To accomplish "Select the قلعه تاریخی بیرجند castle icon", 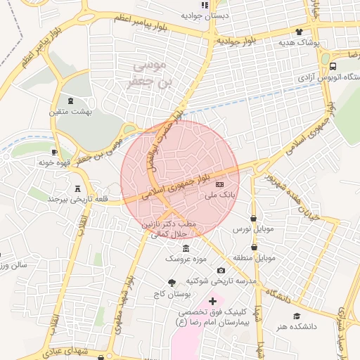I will click(x=77, y=188).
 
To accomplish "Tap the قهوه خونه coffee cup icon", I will click(x=55, y=152).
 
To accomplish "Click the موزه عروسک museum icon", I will click(x=185, y=250).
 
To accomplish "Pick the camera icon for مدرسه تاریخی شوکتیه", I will click(x=221, y=271).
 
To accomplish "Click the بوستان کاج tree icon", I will click(x=172, y=281).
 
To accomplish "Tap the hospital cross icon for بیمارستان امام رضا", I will click(x=213, y=301).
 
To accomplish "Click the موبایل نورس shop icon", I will click(x=253, y=218).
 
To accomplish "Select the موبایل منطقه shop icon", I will click(x=253, y=247).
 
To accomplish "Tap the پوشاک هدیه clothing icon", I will click(x=299, y=32).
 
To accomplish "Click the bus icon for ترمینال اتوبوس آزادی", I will click(x=333, y=66).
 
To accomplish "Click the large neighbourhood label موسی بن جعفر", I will click(x=149, y=74).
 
